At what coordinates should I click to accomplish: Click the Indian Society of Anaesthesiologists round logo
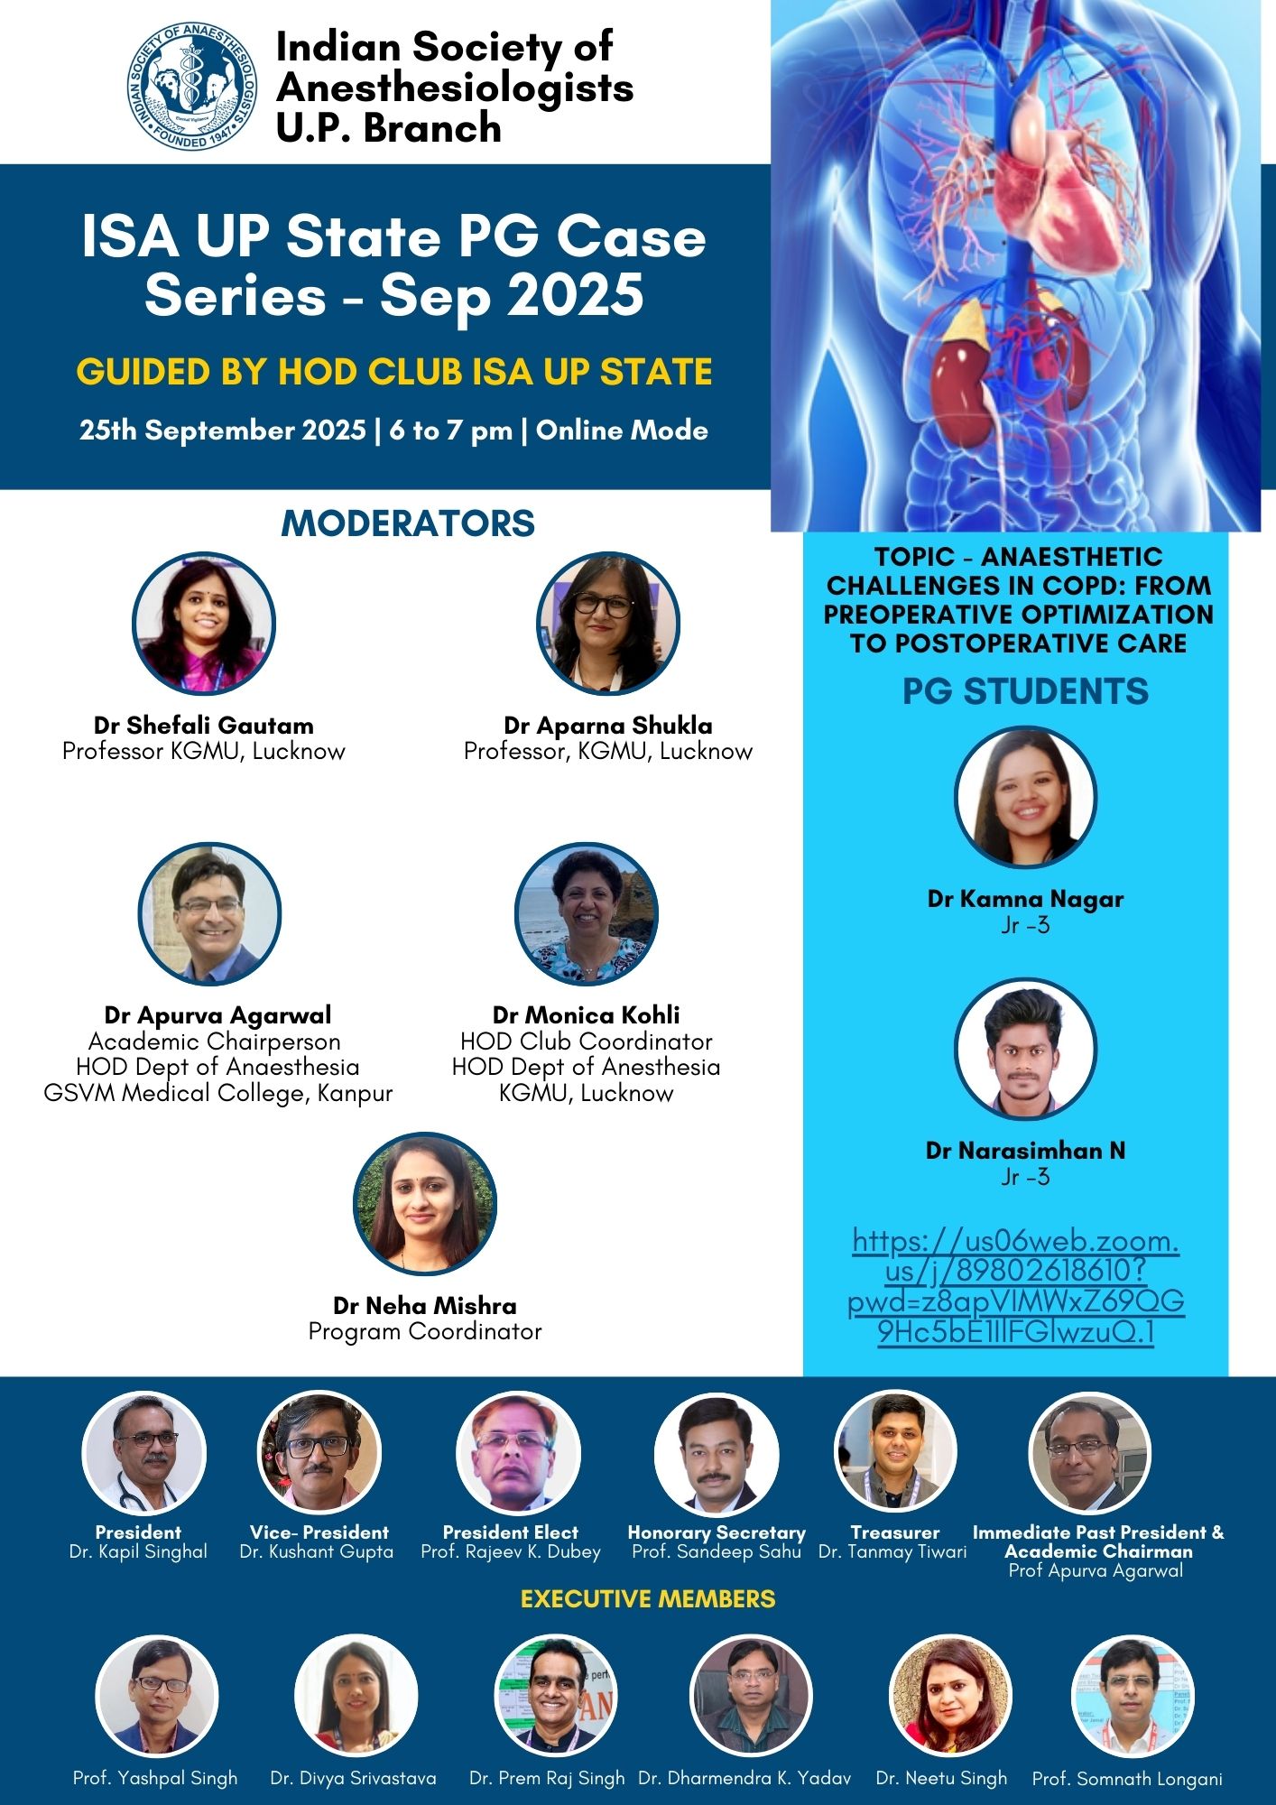(x=192, y=87)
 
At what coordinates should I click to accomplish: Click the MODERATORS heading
(x=408, y=523)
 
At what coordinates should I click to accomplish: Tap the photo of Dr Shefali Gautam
(x=204, y=624)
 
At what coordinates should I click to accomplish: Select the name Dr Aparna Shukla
(x=607, y=726)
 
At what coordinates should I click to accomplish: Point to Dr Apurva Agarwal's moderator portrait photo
(x=209, y=914)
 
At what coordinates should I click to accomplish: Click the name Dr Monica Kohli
(x=586, y=1014)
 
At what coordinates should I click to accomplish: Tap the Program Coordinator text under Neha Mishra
(x=425, y=1331)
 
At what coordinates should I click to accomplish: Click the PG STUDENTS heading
(x=1025, y=691)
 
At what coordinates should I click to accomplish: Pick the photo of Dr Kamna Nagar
(x=1025, y=797)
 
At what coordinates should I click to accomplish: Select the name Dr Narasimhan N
(x=1025, y=1151)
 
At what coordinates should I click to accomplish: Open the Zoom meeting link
(x=1016, y=1286)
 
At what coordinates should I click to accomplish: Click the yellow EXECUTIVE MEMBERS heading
(x=648, y=1599)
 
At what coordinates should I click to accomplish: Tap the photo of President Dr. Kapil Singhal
(x=144, y=1454)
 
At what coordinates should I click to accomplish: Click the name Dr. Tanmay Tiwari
(x=892, y=1551)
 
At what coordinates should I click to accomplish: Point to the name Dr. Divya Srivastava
(x=353, y=1778)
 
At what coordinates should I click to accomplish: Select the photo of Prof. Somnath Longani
(x=1133, y=1696)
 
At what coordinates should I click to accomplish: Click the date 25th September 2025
(x=222, y=430)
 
